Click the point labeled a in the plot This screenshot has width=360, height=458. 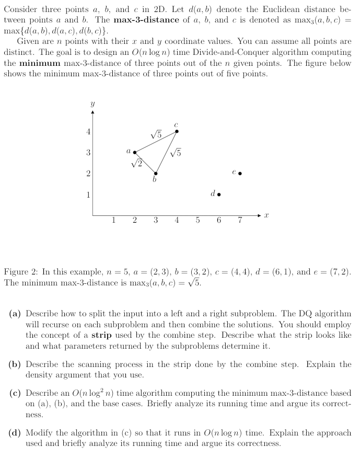(x=135, y=153)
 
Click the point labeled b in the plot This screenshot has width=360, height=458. (x=156, y=173)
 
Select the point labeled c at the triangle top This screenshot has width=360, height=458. (x=177, y=131)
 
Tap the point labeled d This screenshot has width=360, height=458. (x=218, y=194)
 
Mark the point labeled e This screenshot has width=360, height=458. (x=240, y=173)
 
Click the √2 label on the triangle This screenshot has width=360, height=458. (x=137, y=163)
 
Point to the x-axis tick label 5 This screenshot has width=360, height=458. (x=198, y=220)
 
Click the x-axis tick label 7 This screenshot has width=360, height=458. (x=240, y=220)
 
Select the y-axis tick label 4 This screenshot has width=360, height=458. (x=88, y=132)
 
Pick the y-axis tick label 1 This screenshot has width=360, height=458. (x=88, y=194)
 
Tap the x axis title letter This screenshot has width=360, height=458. (x=266, y=215)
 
